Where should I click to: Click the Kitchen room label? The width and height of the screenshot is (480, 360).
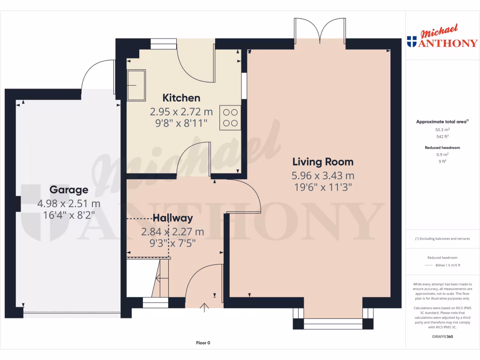coord(181,98)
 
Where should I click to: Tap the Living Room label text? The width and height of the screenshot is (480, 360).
coord(323,162)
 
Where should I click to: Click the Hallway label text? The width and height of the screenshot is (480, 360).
coord(172,218)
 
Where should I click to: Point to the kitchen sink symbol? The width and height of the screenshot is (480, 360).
coord(136,85)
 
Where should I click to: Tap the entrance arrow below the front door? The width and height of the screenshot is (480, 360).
coord(204,307)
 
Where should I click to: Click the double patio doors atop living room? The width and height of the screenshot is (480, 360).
coord(320,34)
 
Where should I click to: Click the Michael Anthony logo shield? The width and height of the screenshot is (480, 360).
coord(412,42)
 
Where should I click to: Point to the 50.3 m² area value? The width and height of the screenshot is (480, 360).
coord(442,130)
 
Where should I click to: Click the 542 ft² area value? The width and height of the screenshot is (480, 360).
coord(442,137)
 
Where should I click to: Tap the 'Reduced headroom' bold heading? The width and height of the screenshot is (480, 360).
coord(442,148)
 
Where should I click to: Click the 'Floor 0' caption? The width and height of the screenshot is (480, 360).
coord(203,343)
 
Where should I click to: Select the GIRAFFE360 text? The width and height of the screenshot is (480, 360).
coord(442,337)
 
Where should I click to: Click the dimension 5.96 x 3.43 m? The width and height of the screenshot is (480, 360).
coord(323,176)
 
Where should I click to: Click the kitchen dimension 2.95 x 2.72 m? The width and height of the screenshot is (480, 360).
coord(181,112)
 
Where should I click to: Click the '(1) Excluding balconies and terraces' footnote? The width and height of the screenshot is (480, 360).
coord(442,239)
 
